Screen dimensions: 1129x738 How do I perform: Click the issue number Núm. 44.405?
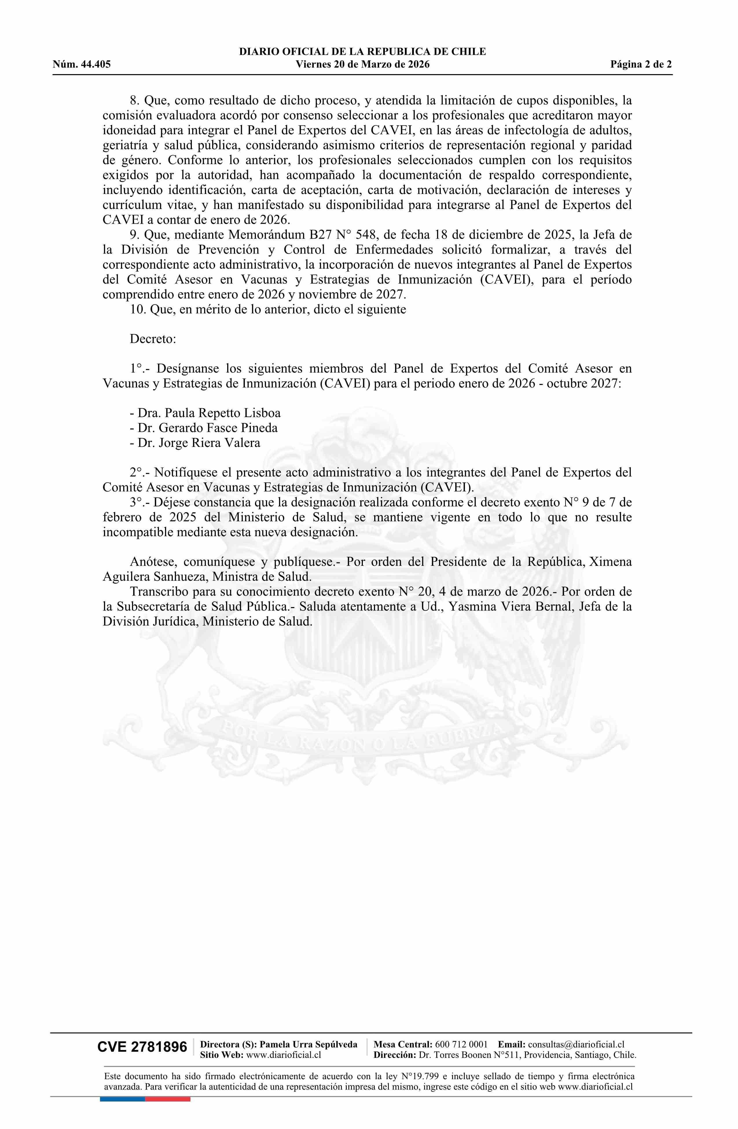pos(82,65)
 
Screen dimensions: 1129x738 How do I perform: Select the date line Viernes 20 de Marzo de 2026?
pos(362,65)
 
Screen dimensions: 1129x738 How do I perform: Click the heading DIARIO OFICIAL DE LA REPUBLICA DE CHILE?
pos(362,52)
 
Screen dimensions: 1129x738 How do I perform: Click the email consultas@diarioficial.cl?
pos(576,1044)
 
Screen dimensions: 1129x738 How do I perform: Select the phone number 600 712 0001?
pos(461,1044)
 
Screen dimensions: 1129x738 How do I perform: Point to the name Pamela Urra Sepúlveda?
pos(309,1044)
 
